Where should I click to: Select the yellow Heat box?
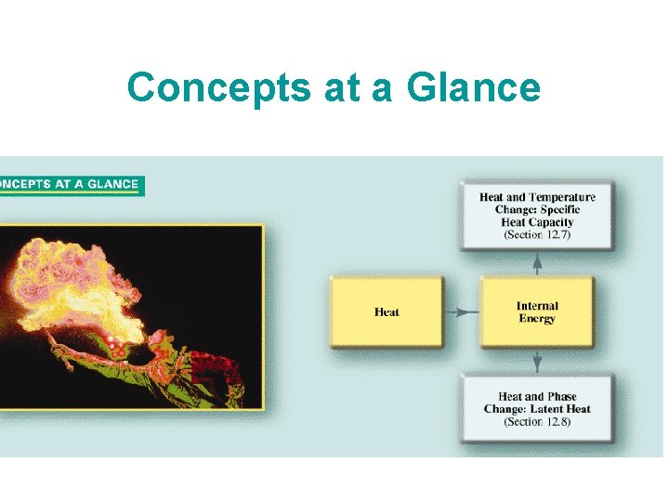click(x=386, y=312)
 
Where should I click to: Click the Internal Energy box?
click(x=537, y=312)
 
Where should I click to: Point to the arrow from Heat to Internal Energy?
click(x=461, y=312)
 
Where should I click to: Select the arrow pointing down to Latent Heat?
click(x=537, y=363)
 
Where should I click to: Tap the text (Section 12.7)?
click(x=537, y=235)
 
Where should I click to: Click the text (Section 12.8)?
click(x=537, y=422)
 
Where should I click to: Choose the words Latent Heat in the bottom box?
click(x=557, y=409)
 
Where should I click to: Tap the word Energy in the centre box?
click(x=537, y=319)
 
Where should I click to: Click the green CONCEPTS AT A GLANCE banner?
click(x=70, y=184)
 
